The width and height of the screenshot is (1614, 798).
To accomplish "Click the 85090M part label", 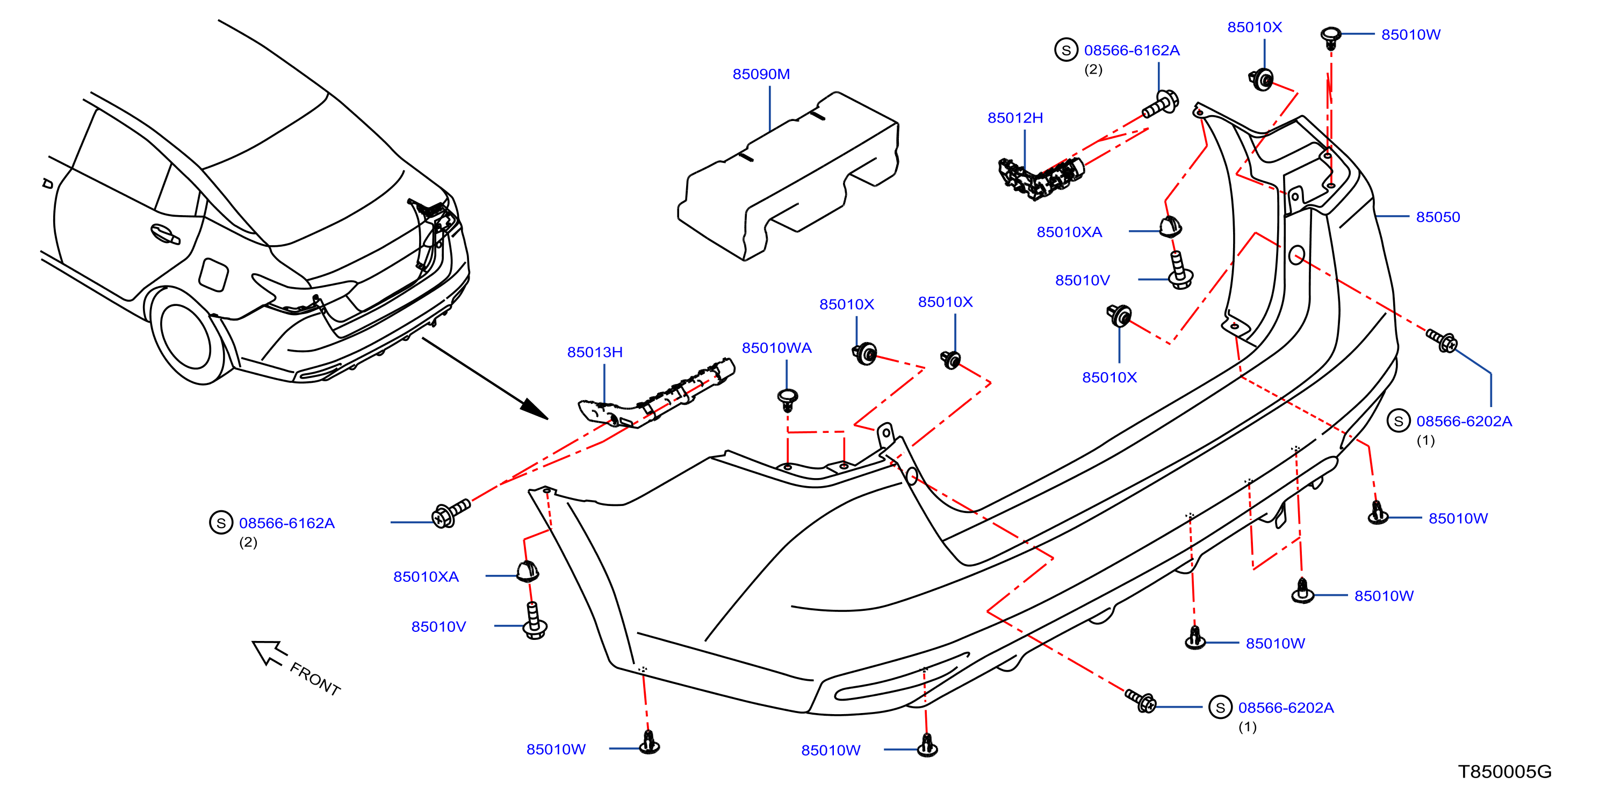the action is [x=761, y=74].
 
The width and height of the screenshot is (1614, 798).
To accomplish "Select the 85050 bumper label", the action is [x=1437, y=217].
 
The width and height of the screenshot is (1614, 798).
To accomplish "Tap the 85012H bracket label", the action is [x=1015, y=118].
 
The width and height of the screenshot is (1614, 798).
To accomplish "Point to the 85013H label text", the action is [x=595, y=352].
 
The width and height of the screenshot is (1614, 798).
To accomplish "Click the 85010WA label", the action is [x=776, y=348].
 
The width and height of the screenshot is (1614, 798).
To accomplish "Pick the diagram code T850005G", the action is [x=1504, y=772].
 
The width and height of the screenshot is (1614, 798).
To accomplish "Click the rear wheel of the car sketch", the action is [x=186, y=337].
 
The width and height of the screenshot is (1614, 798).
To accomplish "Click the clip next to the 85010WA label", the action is [x=788, y=398].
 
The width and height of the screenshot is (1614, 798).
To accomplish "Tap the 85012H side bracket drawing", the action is [x=1041, y=177].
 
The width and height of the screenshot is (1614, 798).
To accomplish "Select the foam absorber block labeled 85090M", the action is [x=788, y=175].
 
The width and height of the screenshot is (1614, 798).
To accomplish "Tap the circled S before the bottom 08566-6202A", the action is [x=1220, y=707].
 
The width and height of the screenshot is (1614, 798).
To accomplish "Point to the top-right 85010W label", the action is [x=1410, y=34].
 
